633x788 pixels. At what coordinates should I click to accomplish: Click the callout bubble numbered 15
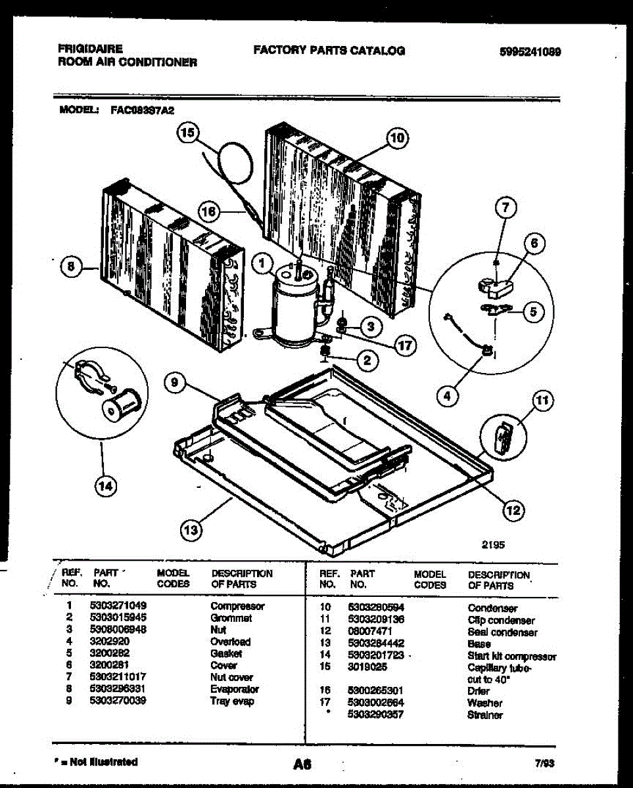188,133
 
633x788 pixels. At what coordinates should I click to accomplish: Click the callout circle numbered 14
104,487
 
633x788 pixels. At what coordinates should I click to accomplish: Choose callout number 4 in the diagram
448,395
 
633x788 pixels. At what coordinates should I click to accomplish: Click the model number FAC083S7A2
142,111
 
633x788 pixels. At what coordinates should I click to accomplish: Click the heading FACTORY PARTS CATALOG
329,50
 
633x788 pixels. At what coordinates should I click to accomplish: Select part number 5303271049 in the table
118,605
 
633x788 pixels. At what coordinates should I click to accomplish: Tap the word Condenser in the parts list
492,608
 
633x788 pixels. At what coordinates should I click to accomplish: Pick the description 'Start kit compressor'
512,656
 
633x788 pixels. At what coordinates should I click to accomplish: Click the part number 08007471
369,632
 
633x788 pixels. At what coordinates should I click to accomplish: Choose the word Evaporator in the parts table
235,689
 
